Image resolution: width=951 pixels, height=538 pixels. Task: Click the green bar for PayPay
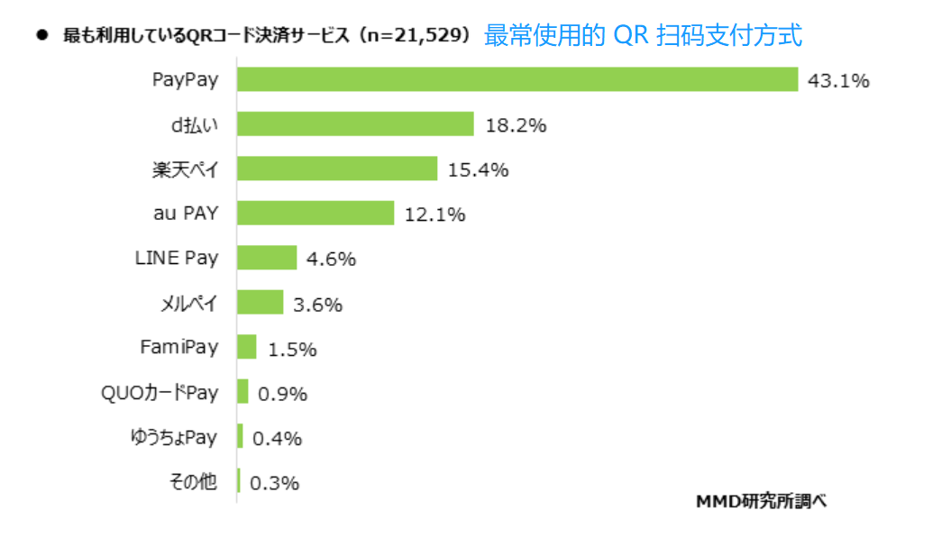click(517, 79)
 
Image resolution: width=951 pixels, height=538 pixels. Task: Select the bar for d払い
click(355, 124)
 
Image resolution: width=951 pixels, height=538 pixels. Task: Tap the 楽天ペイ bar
click(337, 169)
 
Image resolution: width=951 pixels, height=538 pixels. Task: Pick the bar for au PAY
click(315, 214)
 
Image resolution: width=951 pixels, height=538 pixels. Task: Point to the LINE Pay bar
click(267, 258)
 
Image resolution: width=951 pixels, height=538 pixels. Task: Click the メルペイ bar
click(260, 303)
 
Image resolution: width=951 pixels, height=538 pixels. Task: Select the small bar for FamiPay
click(247, 348)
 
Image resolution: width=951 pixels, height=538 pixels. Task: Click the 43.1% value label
click(838, 81)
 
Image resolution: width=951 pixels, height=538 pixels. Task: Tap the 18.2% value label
click(516, 125)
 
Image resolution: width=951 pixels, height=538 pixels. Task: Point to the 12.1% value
click(434, 214)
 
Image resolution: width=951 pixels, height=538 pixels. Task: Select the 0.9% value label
click(282, 394)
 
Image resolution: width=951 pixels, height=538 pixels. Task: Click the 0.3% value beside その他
click(274, 483)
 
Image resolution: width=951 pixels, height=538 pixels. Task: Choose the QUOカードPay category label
click(159, 392)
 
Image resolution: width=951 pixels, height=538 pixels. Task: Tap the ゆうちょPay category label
click(173, 437)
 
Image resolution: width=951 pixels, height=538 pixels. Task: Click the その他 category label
click(193, 482)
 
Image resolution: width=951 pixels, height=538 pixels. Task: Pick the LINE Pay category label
click(176, 258)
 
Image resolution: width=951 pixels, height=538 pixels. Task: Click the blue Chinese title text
click(643, 35)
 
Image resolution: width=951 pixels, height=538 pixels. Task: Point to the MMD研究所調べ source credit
click(760, 501)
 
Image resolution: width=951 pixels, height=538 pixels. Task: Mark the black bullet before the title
click(41, 36)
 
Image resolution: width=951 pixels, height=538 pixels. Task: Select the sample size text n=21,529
click(417, 36)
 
